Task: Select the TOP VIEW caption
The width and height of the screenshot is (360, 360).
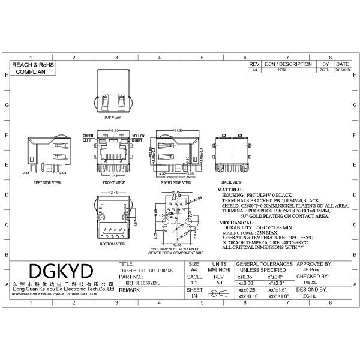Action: [x=112, y=117]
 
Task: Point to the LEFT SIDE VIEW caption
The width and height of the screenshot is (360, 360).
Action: [x=47, y=182]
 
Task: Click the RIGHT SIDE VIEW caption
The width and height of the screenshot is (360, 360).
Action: [x=172, y=182]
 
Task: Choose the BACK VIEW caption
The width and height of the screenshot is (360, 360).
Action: [x=232, y=182]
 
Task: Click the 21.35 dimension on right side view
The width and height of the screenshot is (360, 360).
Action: [x=177, y=130]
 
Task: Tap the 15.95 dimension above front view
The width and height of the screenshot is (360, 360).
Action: [x=112, y=130]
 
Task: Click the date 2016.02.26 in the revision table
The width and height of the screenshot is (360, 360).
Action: [x=343, y=70]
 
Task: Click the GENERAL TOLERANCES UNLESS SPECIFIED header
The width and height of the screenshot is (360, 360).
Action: [x=264, y=266]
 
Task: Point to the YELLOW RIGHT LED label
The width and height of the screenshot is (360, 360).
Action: [x=138, y=138]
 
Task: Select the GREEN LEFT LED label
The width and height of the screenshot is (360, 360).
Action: [x=88, y=138]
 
